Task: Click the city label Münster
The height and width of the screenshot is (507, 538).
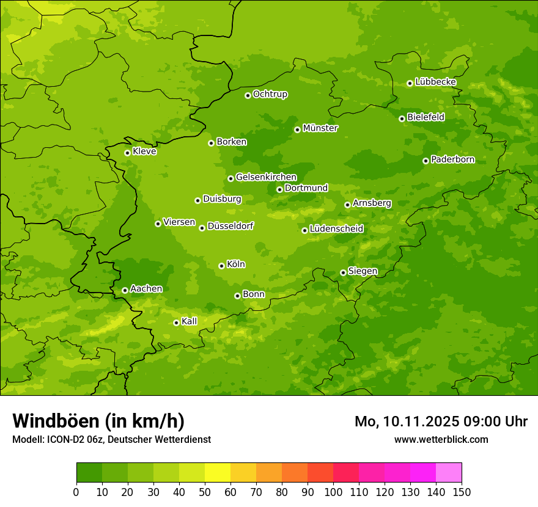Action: pos(320,128)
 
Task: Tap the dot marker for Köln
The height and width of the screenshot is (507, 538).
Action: pos(221,266)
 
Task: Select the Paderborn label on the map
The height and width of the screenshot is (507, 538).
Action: pos(452,159)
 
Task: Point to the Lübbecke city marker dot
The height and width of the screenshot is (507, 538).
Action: pos(410,83)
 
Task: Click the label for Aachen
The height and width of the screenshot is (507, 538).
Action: pos(146,289)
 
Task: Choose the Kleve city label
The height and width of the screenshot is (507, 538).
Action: pos(144,151)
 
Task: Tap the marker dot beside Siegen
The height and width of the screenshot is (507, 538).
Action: pos(343,272)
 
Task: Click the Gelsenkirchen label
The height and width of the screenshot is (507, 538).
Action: pos(266,177)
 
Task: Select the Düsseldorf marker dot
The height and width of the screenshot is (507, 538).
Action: pos(202,228)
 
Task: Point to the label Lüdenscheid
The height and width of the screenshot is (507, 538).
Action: pos(336,229)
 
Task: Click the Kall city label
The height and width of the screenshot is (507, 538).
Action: pos(189,321)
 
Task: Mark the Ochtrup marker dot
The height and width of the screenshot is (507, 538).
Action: pos(248,95)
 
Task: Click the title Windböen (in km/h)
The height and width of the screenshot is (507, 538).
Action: pos(98,421)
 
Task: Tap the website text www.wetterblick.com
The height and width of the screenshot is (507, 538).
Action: pos(441,439)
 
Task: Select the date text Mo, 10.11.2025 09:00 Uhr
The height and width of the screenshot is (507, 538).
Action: pos(441,421)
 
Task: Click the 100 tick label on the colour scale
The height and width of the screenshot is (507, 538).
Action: pos(333,492)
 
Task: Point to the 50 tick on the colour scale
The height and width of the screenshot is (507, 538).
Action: pos(205,492)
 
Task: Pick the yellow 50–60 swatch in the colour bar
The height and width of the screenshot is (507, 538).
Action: pos(218,473)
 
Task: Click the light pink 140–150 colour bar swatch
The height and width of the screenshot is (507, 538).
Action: pos(449,473)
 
